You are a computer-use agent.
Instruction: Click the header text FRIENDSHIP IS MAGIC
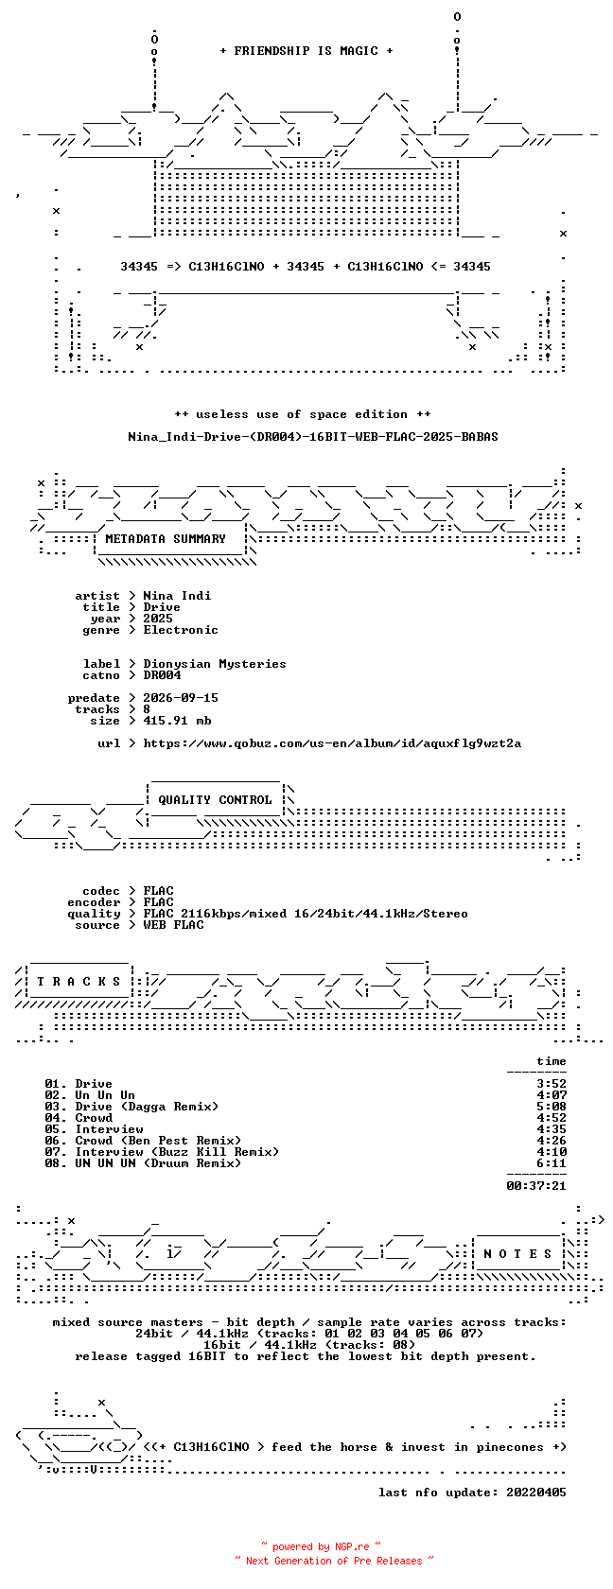tap(306, 51)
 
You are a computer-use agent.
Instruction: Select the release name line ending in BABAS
tap(313, 437)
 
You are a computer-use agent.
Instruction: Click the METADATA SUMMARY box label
tap(166, 539)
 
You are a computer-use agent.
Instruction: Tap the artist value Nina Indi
tap(177, 596)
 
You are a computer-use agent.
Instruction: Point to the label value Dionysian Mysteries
tap(214, 664)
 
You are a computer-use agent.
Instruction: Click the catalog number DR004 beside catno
tap(162, 675)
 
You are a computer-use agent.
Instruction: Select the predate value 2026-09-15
tap(180, 698)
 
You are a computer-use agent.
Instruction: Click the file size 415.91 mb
tap(177, 721)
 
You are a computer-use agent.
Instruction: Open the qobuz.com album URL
tap(332, 743)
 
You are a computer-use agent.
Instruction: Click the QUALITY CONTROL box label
tap(214, 800)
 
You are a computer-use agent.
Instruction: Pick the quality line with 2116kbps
tap(305, 914)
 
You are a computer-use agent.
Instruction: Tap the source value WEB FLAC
tap(173, 925)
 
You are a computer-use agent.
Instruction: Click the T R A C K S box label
tap(79, 982)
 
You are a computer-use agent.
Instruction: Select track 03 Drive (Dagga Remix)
tap(131, 1107)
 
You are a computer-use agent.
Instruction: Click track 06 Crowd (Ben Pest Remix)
tap(143, 1141)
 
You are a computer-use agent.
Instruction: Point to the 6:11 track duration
tap(552, 1163)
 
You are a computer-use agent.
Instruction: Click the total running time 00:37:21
tap(535, 1186)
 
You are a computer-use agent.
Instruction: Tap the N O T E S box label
tap(517, 1254)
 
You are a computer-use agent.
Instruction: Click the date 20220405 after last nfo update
tap(535, 1493)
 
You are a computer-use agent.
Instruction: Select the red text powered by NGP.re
tap(321, 1546)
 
